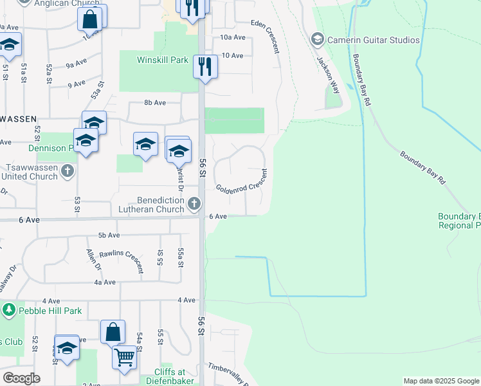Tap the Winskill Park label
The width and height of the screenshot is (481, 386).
pos(162,60)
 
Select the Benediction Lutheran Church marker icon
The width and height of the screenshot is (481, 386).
pos(194,205)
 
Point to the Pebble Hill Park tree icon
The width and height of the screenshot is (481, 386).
pos(9,311)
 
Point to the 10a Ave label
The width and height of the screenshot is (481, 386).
pos(233,38)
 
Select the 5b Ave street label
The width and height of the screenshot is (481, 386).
pos(110,235)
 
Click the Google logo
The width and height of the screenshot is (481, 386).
pos(22,378)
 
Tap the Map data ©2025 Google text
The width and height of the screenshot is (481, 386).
pos(440,381)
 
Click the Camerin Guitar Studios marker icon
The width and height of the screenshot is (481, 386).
pos(316,40)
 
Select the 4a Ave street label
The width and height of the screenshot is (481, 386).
pos(104,282)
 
